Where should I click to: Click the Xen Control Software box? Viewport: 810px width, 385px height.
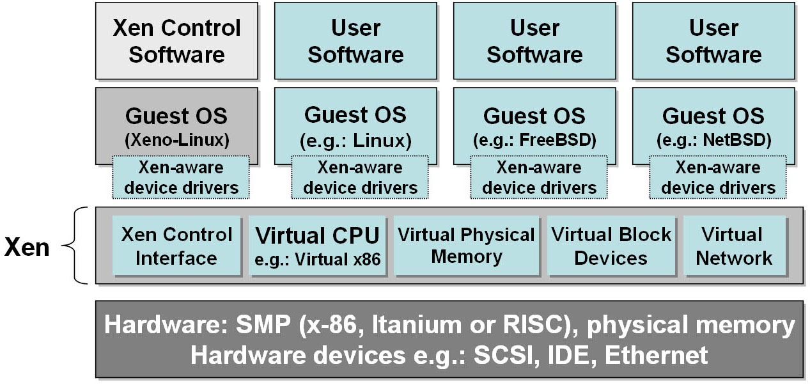coord(177,41)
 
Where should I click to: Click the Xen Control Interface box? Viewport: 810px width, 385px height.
coord(176,246)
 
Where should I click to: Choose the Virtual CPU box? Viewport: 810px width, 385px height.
coord(317,246)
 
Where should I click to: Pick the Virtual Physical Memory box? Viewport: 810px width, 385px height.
coord(467,246)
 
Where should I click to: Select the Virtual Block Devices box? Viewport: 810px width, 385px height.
coord(611,246)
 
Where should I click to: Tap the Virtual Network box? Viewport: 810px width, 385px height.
coord(735,246)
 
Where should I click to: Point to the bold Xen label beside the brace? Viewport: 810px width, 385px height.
coord(27,247)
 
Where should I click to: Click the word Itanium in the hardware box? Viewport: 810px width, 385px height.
coord(417,324)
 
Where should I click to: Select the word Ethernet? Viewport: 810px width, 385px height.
coord(656,355)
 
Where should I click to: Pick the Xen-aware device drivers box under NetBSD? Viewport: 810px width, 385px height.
coord(718,177)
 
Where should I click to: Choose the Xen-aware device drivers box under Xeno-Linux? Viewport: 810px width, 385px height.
coord(181,177)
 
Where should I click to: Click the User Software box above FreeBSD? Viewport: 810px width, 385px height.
coord(535,41)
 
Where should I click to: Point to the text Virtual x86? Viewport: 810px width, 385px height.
coord(338,260)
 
